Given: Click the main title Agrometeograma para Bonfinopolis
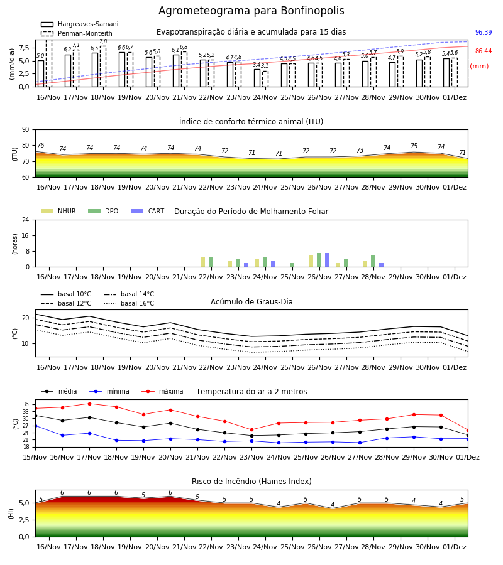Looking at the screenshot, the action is click(x=251, y=11).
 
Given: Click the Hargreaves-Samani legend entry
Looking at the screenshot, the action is click(x=79, y=24).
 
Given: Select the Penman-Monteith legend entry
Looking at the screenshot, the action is click(x=77, y=33).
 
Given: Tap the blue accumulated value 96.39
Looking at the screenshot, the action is click(x=484, y=32).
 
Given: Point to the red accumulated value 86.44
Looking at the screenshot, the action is click(x=484, y=51).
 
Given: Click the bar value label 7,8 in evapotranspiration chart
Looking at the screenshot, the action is click(x=103, y=42).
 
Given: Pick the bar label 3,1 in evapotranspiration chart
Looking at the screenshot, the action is click(x=265, y=65).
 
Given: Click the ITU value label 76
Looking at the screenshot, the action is click(x=41, y=145).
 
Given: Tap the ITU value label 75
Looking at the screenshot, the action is click(x=414, y=146).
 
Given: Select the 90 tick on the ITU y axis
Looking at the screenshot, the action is click(x=25, y=130).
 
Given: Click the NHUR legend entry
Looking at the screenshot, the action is click(x=58, y=211).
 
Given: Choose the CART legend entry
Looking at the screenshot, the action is click(x=148, y=211).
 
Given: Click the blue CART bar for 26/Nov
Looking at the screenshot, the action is click(x=328, y=260).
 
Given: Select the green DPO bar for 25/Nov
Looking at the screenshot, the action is click(x=292, y=265).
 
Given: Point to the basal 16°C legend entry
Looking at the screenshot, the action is click(x=129, y=303).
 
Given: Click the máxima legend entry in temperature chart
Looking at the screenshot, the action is click(x=162, y=391).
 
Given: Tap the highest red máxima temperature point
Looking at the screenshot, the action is click(x=89, y=404).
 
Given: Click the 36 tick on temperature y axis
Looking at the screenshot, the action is click(x=26, y=404).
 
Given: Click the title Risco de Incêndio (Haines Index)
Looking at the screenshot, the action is click(x=251, y=482).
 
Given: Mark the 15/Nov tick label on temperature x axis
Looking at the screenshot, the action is click(x=35, y=457).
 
